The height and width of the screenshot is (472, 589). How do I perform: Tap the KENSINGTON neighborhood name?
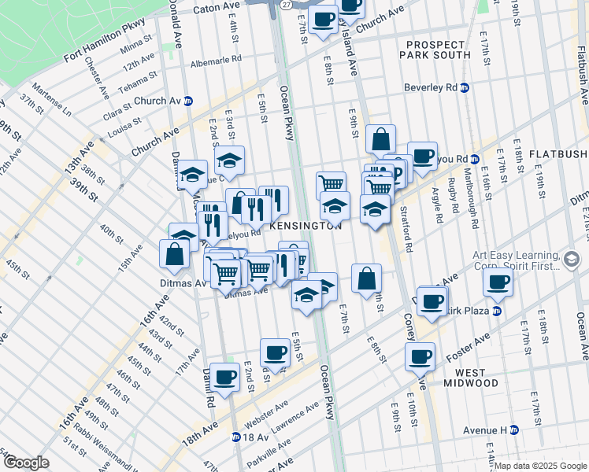306,225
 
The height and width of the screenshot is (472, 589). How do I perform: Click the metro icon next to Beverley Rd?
465,88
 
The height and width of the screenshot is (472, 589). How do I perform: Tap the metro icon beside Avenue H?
514,430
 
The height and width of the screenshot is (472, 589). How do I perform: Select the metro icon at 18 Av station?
236,437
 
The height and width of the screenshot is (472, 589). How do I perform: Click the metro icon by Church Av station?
188,101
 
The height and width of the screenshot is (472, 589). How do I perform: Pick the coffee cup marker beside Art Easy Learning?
497,283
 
